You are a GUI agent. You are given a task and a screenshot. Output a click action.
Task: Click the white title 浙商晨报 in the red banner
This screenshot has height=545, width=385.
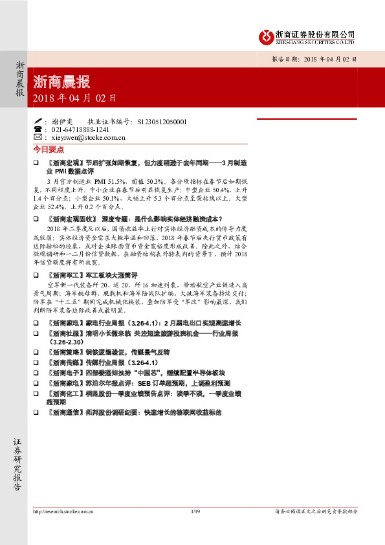(61, 82)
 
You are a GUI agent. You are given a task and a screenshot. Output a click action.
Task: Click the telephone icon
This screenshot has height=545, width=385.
(37, 129)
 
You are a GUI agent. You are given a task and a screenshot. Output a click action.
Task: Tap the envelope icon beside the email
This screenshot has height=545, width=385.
(37, 137)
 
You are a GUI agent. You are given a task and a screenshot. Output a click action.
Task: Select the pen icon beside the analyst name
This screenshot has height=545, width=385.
(37, 121)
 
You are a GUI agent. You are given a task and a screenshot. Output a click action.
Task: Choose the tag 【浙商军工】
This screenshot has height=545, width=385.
(65, 275)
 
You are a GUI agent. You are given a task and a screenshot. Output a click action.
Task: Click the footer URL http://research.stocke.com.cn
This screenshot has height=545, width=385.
(63, 511)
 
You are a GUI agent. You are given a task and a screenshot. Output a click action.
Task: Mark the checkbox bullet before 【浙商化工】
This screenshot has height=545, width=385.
(36, 393)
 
